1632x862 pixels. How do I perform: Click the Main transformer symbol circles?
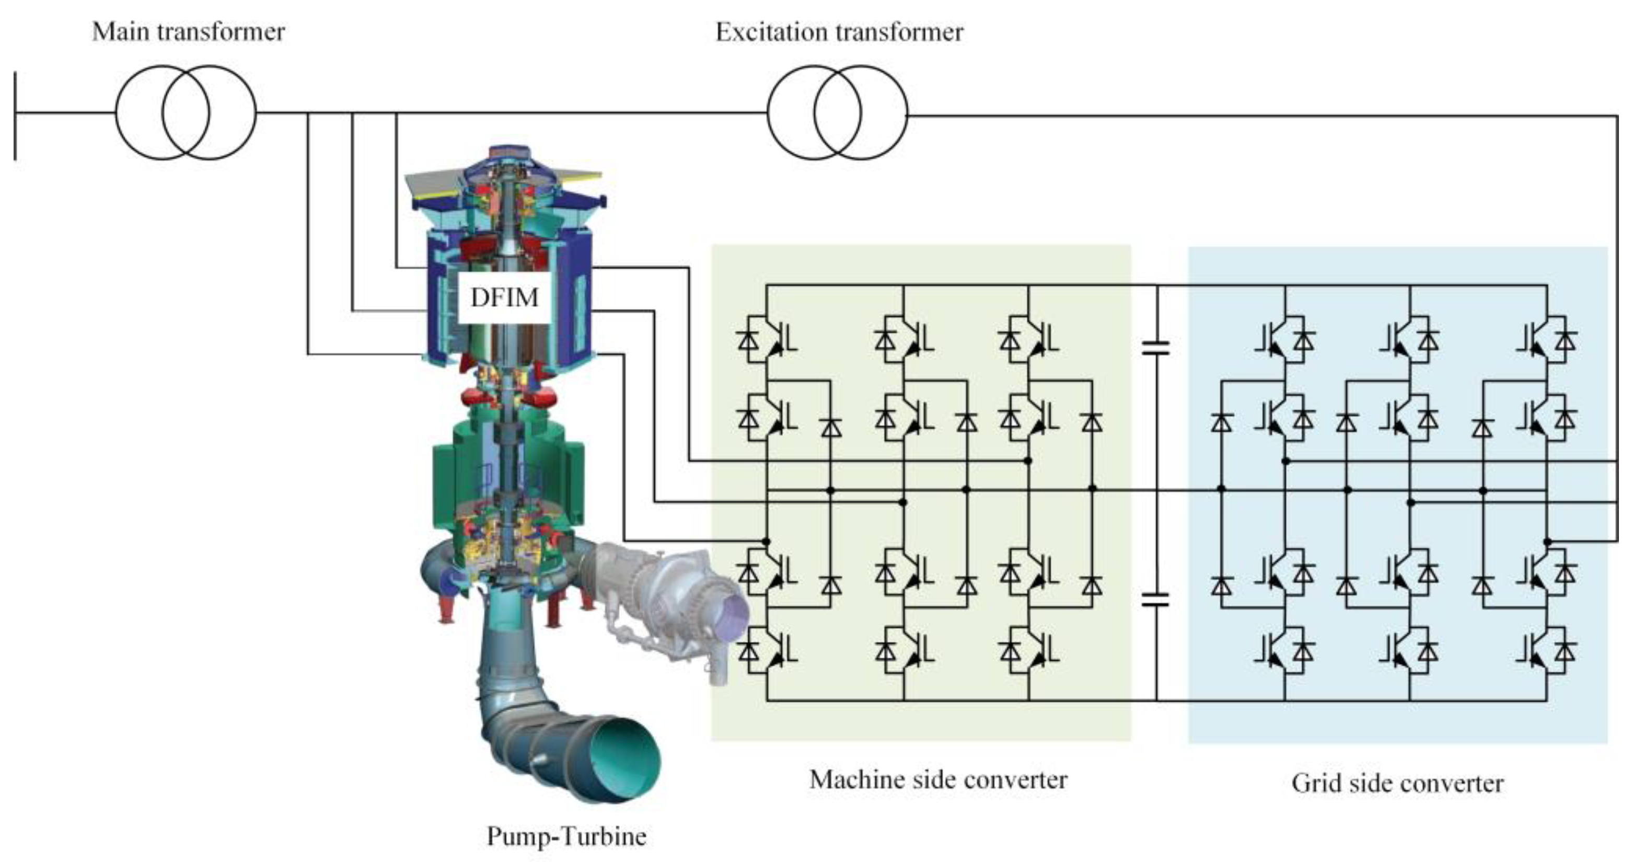click(x=186, y=113)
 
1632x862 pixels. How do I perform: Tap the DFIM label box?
click(x=504, y=297)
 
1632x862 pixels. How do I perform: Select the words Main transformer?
click(x=188, y=32)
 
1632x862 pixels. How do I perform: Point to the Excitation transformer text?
click(x=839, y=32)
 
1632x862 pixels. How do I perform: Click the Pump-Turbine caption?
click(x=566, y=836)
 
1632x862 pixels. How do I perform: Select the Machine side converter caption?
click(x=937, y=779)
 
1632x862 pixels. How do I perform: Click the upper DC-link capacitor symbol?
click(x=1155, y=347)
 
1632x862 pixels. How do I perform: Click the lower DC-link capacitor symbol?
click(x=1155, y=600)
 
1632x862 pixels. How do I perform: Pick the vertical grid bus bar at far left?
click(x=15, y=116)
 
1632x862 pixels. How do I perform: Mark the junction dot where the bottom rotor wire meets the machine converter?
click(x=766, y=541)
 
